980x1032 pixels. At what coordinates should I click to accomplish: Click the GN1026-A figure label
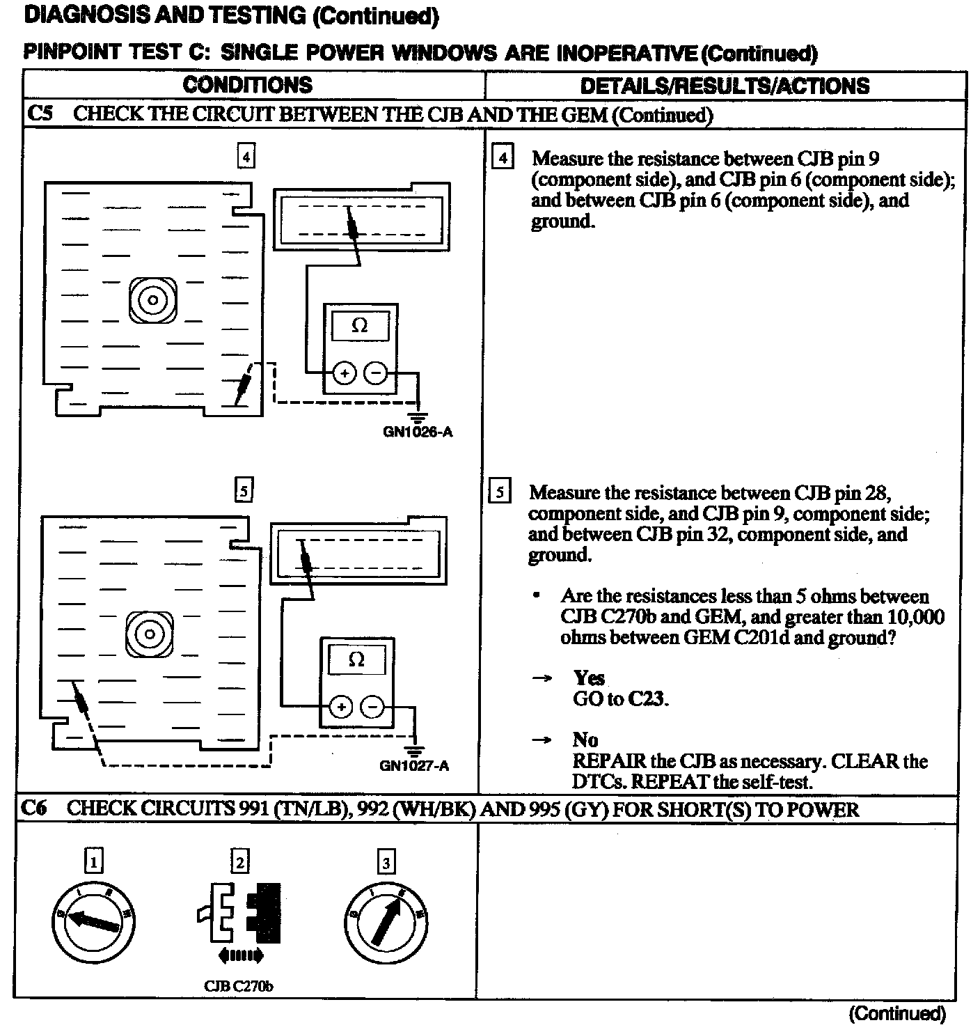click(418, 432)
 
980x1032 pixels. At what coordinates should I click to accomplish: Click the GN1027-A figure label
click(414, 766)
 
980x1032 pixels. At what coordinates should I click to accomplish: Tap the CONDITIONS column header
click(247, 85)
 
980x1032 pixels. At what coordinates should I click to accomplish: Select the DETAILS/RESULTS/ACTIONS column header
click(725, 86)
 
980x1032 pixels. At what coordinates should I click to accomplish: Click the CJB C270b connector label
click(239, 986)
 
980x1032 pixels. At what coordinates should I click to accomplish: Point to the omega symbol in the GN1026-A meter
click(360, 325)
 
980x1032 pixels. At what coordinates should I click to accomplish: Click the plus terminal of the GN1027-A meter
click(341, 707)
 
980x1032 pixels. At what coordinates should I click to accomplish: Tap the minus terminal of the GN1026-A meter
click(375, 374)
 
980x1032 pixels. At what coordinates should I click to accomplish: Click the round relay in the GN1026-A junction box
click(152, 300)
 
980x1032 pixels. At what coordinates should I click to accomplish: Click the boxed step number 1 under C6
click(93, 862)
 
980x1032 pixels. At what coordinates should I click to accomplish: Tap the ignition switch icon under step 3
click(386, 919)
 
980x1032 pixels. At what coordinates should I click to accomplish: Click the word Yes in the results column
click(589, 678)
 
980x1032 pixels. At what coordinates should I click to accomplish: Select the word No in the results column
click(585, 740)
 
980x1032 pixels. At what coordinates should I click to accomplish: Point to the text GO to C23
click(620, 698)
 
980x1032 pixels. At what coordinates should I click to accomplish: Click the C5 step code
click(40, 114)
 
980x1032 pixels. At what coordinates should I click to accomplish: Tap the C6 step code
click(34, 808)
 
